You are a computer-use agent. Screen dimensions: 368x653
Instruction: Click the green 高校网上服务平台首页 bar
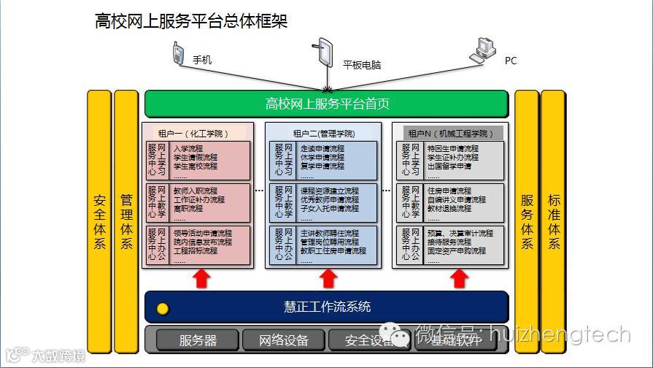tap(326, 104)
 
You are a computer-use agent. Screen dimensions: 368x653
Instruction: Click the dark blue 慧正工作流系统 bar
tap(326, 307)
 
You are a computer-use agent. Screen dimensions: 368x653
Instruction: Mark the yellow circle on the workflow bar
tap(163, 308)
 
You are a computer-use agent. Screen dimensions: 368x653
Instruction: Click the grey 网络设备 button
tap(284, 340)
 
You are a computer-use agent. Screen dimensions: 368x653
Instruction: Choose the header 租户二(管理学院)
tap(323, 134)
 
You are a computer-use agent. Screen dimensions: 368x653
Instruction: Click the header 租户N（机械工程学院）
tap(451, 134)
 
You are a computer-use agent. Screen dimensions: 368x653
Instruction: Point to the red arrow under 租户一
tap(201, 278)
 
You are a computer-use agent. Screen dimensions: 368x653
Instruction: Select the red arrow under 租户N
tap(458, 278)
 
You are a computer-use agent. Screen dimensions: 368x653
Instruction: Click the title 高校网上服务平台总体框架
tap(191, 21)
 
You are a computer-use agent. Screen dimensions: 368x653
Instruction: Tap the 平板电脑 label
tap(362, 64)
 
